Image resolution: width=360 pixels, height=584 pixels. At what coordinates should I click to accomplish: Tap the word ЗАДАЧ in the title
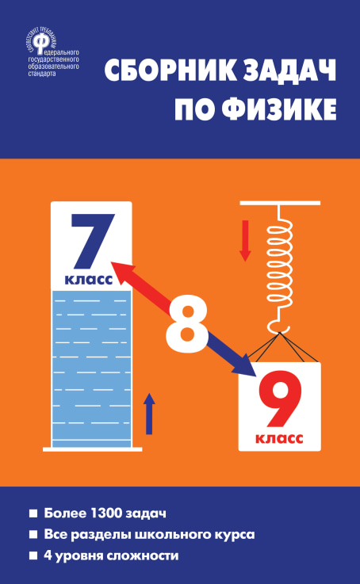pyautogui.click(x=290, y=71)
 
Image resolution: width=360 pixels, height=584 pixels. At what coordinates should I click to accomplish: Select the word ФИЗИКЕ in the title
pyautogui.click(x=279, y=109)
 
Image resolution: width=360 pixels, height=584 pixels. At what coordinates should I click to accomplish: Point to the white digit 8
pyautogui.click(x=186, y=324)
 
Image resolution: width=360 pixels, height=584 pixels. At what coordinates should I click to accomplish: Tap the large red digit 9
pyautogui.click(x=279, y=399)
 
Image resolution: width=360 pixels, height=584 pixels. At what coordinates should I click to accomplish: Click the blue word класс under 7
pyautogui.click(x=89, y=280)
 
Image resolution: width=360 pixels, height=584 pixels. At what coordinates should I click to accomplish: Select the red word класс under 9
pyautogui.click(x=279, y=438)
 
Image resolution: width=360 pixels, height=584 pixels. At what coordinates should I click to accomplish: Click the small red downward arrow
pyautogui.click(x=245, y=241)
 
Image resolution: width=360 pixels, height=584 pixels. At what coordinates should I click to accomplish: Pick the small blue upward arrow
pyautogui.click(x=149, y=414)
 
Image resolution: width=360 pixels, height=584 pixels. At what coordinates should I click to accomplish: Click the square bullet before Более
pyautogui.click(x=33, y=513)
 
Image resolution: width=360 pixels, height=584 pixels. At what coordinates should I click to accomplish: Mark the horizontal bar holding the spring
pyautogui.click(x=280, y=203)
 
